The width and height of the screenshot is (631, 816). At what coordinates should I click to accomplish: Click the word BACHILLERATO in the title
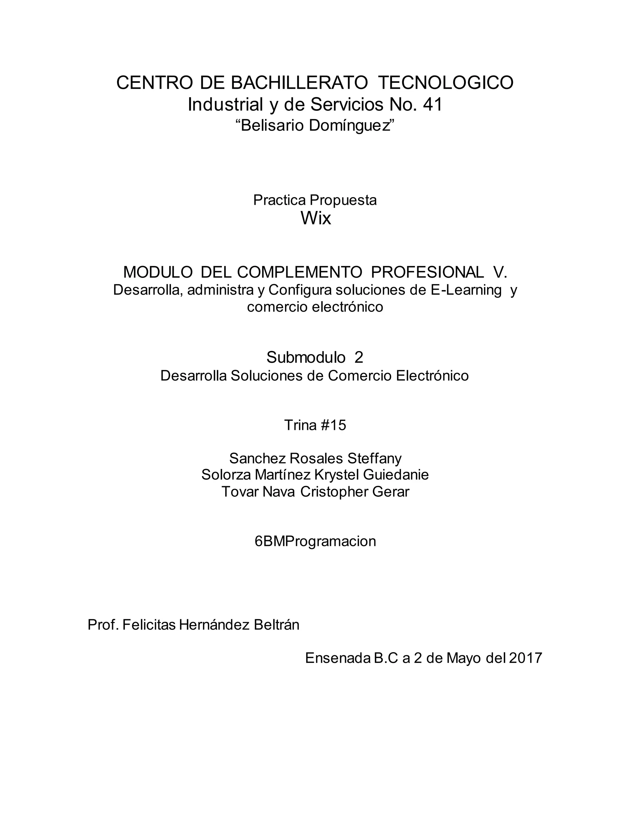coord(299,83)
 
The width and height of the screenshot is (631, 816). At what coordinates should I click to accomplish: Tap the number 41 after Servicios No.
coord(433,105)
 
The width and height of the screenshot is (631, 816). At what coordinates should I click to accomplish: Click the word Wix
coord(315,218)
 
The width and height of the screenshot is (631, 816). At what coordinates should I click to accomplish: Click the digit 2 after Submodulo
coord(359,358)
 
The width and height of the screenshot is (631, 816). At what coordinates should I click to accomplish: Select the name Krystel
coord(337,475)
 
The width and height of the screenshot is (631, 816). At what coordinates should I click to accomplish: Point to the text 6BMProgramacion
coord(315,541)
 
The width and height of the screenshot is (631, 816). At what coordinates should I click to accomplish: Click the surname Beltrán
coord(276,625)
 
